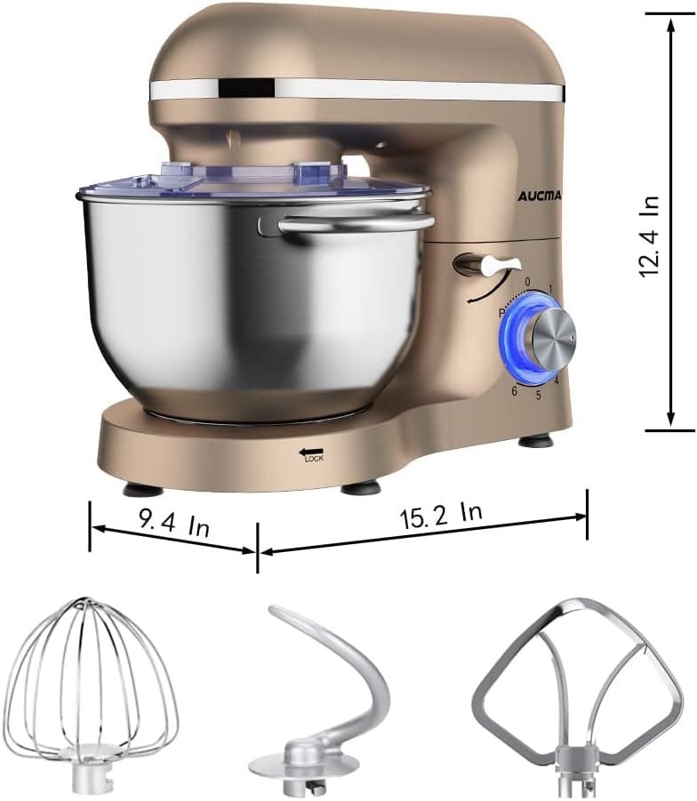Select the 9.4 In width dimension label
point(174,524)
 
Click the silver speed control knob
point(547,337)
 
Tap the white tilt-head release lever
point(487,265)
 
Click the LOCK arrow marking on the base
point(310,454)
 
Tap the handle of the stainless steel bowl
point(356,225)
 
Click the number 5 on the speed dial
point(538,395)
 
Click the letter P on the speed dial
point(501,313)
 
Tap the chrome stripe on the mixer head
point(356,88)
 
